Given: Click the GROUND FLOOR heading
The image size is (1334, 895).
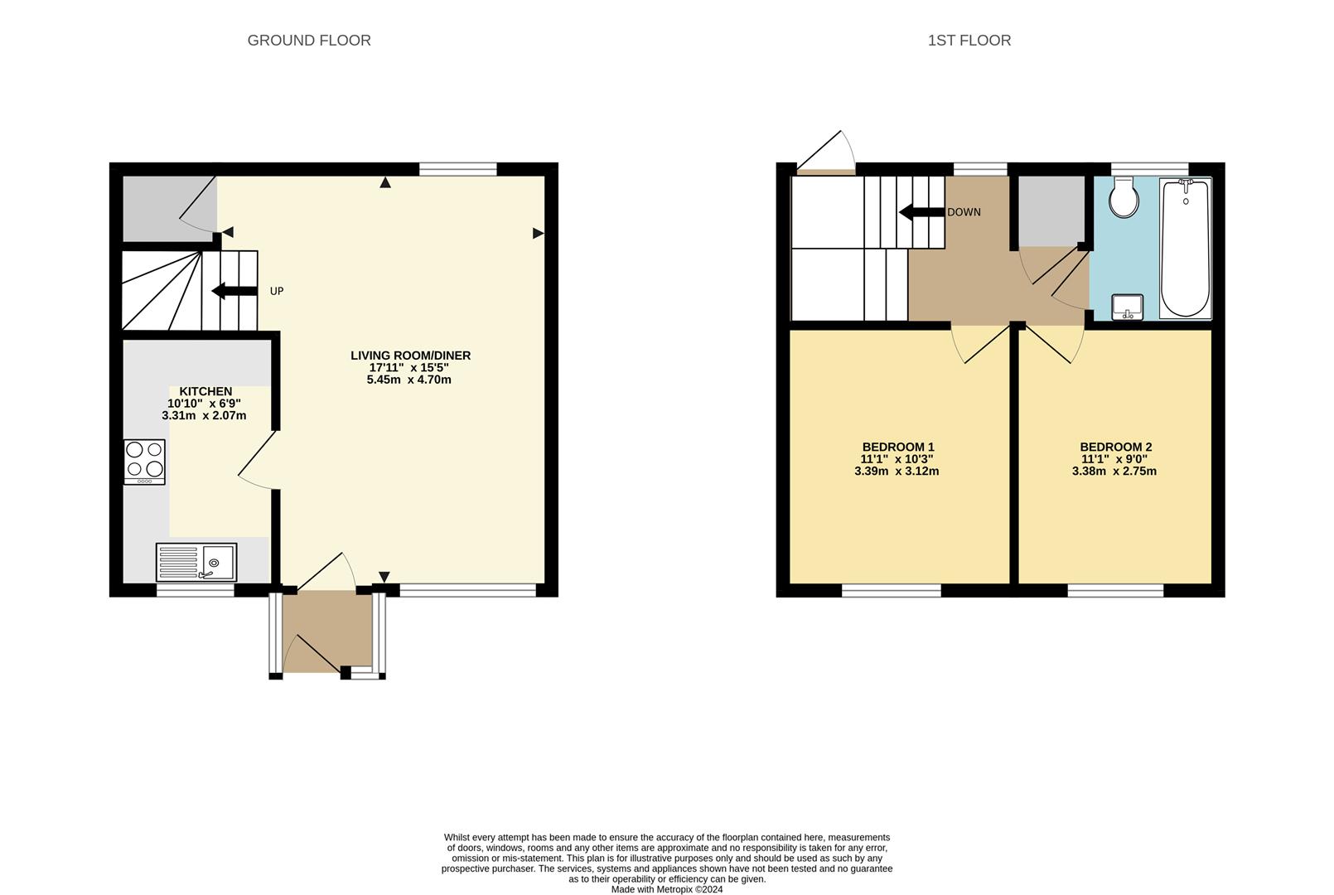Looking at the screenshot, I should point(309,41).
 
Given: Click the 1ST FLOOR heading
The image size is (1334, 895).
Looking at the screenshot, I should point(969,41).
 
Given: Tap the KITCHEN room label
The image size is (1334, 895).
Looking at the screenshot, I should point(205,391).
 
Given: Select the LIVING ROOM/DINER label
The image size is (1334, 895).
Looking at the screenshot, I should point(410,356).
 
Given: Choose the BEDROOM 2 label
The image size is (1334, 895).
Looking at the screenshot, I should point(1115,447).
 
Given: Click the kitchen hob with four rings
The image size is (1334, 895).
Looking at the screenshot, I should point(144,461).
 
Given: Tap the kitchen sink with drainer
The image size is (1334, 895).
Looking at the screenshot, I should point(196,562).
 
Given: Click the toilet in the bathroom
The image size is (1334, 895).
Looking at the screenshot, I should point(1124,198).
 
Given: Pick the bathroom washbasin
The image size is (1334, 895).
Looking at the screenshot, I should point(1127,307).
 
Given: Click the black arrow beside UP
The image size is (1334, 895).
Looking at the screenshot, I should point(234,291).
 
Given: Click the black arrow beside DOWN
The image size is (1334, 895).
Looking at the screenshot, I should point(921,212).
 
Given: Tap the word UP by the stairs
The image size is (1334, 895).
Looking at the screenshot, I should point(277,292).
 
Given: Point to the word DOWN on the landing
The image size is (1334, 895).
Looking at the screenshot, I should point(964,212).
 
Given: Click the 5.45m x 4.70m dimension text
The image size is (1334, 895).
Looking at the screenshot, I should point(408,380).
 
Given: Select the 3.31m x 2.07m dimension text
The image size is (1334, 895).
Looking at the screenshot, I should point(204,415).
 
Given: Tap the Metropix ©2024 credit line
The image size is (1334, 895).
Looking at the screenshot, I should point(667,889).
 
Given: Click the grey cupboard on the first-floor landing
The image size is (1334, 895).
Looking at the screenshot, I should point(1051,211).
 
